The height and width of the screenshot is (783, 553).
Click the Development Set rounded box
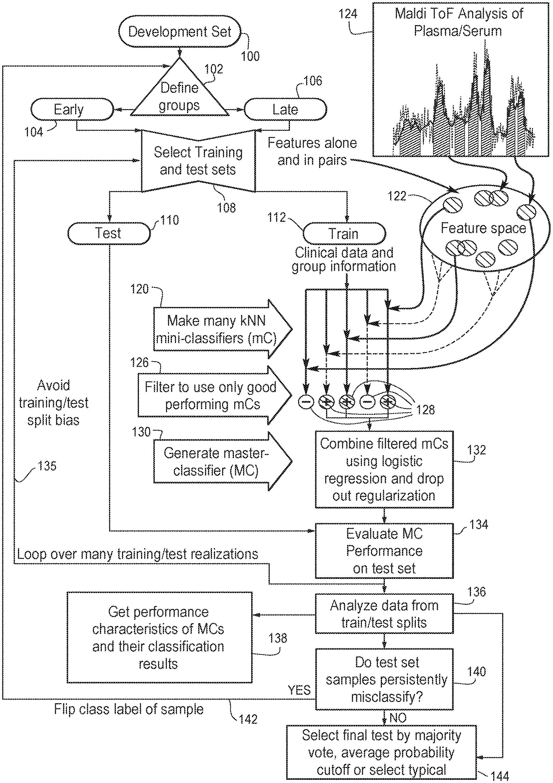[180, 32]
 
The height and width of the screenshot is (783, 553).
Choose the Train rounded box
[344, 234]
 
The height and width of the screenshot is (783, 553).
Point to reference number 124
[348, 14]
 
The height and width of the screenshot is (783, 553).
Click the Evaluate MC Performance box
[384, 551]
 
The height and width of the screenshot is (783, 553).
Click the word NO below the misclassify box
[398, 718]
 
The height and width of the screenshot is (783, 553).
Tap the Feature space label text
[483, 228]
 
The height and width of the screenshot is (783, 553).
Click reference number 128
[425, 409]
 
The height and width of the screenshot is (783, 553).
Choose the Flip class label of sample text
[129, 709]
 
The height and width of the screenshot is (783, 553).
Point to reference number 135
[47, 466]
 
